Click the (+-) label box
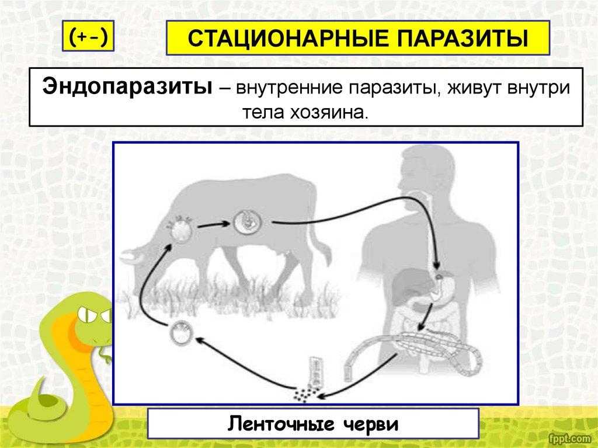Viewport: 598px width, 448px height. (88, 36)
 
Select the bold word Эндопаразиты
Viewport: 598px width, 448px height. (127, 88)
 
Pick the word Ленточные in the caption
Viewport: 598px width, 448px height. (281, 424)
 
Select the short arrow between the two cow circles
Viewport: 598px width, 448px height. (213, 225)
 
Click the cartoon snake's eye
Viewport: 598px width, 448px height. (88, 315)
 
